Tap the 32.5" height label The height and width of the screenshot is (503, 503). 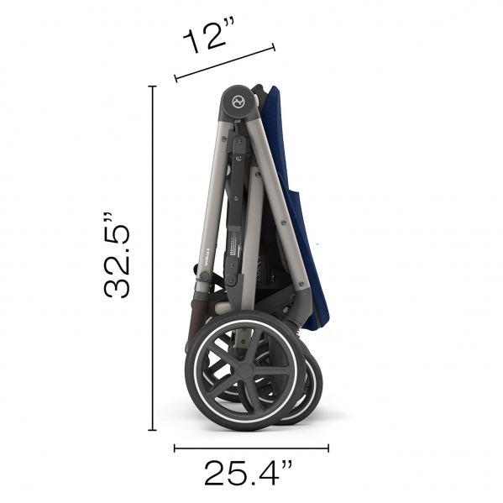click(118, 255)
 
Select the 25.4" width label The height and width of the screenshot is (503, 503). click(249, 473)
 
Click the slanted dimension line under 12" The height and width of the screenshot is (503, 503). click(225, 62)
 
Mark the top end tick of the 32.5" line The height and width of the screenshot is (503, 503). click(152, 86)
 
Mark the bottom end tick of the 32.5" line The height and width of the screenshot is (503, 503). click(152, 430)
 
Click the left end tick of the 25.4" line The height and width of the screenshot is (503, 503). click(175, 448)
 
